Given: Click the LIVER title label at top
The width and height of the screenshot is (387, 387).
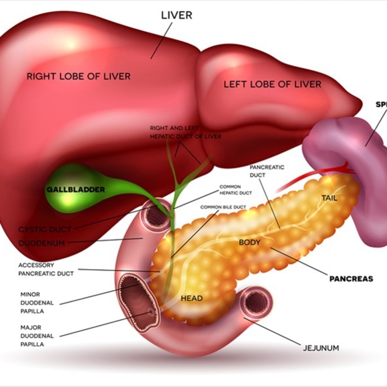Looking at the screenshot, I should [176, 15].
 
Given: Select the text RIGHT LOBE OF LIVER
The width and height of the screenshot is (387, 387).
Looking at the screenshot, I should [79, 77].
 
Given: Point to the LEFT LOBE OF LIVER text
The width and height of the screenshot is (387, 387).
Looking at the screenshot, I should [272, 84].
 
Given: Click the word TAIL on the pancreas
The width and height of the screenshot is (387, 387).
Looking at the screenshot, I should [329, 198].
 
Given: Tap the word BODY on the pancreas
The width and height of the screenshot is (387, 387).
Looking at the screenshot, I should [249, 242].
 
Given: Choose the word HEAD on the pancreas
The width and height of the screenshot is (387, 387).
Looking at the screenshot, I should [192, 298].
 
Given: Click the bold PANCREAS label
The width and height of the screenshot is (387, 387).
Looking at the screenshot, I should [351, 279].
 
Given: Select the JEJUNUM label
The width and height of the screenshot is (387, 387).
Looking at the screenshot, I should [321, 348].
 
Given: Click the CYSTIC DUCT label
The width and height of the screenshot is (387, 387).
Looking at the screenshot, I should [45, 229].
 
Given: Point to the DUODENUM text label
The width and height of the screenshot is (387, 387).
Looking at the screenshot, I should [42, 243].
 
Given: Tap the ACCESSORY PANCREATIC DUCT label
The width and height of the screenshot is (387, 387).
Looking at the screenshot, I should [46, 269].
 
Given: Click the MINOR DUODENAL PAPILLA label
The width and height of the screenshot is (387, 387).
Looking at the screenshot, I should [33, 303].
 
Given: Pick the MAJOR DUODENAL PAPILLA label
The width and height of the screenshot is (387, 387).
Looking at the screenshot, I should [33, 336].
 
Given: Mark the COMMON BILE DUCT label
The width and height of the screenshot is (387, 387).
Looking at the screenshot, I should [223, 207].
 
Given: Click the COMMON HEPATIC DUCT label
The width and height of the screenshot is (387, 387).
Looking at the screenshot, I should [235, 190].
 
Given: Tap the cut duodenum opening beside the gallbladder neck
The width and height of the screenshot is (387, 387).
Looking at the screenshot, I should [155, 216].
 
